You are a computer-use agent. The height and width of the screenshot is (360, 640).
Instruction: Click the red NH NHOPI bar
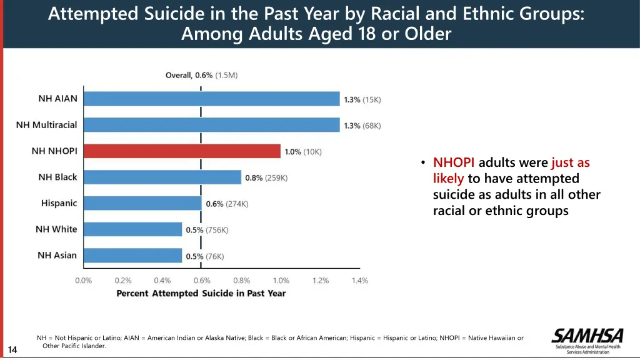pos(182,151)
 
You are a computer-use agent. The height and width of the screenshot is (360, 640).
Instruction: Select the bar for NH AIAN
pos(212,99)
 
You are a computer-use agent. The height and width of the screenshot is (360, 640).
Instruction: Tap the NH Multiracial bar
pos(212,125)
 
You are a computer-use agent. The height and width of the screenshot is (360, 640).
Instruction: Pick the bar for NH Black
pos(162,177)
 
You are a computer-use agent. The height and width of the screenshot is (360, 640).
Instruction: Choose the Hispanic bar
pos(142,203)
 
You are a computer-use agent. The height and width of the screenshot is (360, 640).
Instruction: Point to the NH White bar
pos(132,229)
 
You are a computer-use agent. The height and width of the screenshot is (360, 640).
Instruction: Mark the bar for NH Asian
pos(132,256)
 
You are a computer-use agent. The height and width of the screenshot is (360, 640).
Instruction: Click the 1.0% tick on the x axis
pos(281,281)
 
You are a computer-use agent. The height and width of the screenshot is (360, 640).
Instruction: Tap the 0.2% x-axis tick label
pos(123,281)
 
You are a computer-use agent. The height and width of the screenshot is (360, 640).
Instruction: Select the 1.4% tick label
pos(359,281)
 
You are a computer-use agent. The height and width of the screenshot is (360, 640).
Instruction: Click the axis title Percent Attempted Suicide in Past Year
pos(201,293)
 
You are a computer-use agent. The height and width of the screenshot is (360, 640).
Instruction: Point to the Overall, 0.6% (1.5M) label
pos(201,75)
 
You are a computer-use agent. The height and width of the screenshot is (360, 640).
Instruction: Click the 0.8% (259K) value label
pos(266,177)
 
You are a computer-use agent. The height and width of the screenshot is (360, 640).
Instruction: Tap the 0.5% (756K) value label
pos(207,230)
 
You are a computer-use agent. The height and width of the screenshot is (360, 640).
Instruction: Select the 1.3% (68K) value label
pos(362,126)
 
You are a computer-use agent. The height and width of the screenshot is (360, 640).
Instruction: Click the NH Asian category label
pos(57,255)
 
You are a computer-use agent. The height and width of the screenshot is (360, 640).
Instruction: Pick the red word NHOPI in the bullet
pos(454,162)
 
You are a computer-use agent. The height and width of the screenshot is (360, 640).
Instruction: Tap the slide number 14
pos(13,349)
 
